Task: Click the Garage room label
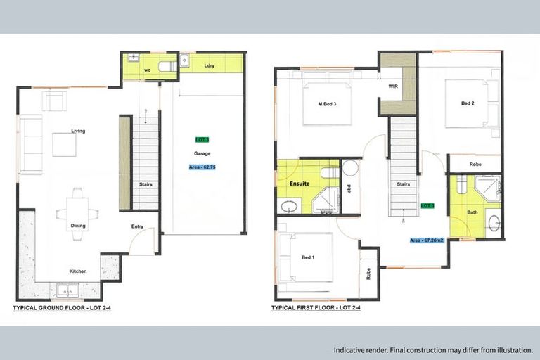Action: [202, 153]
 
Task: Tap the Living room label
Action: [78, 131]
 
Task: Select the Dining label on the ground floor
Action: [77, 226]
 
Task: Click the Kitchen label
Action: [77, 271]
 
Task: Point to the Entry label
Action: [138, 226]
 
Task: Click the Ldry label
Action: [209, 65]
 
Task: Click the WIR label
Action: [394, 86]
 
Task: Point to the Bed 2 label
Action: [468, 103]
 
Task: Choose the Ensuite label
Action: [300, 183]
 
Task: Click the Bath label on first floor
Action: [472, 212]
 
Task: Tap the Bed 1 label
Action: [307, 257]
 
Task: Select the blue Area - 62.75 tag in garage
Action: [202, 167]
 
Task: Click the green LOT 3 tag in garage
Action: [202, 140]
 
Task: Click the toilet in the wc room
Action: [167, 67]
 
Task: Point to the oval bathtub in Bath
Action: [493, 223]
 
